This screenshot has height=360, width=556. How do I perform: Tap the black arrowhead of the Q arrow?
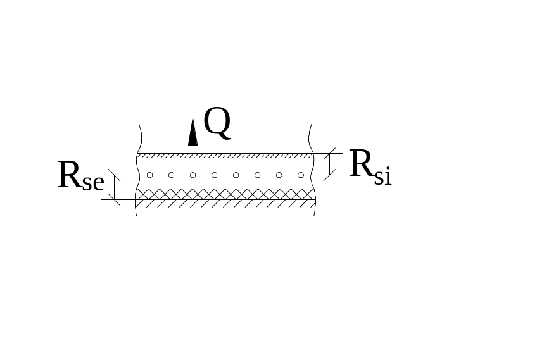[193, 132]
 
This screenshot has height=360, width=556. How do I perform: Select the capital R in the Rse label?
[70, 175]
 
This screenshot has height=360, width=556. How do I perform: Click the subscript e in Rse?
[98, 183]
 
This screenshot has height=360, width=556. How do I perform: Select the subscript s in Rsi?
[378, 178]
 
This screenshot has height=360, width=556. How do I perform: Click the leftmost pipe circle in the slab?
[149, 175]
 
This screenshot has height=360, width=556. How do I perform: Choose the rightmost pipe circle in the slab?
[300, 175]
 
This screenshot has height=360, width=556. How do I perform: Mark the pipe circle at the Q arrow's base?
[193, 175]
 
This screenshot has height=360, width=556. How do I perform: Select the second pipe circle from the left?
[171, 175]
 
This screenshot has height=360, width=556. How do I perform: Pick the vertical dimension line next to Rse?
[115, 187]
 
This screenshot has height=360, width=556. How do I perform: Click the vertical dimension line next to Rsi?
[329, 164]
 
